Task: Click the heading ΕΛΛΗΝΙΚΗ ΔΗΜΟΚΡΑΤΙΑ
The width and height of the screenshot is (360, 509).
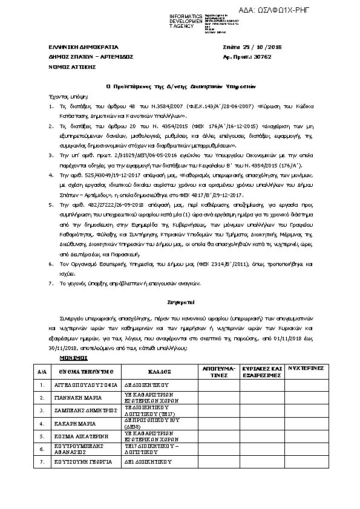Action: (75, 47)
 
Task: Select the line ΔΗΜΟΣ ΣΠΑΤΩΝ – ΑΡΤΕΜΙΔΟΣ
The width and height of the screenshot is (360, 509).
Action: (86, 57)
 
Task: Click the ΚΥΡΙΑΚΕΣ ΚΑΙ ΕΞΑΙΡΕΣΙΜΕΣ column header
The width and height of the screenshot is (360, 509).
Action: (262, 371)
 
